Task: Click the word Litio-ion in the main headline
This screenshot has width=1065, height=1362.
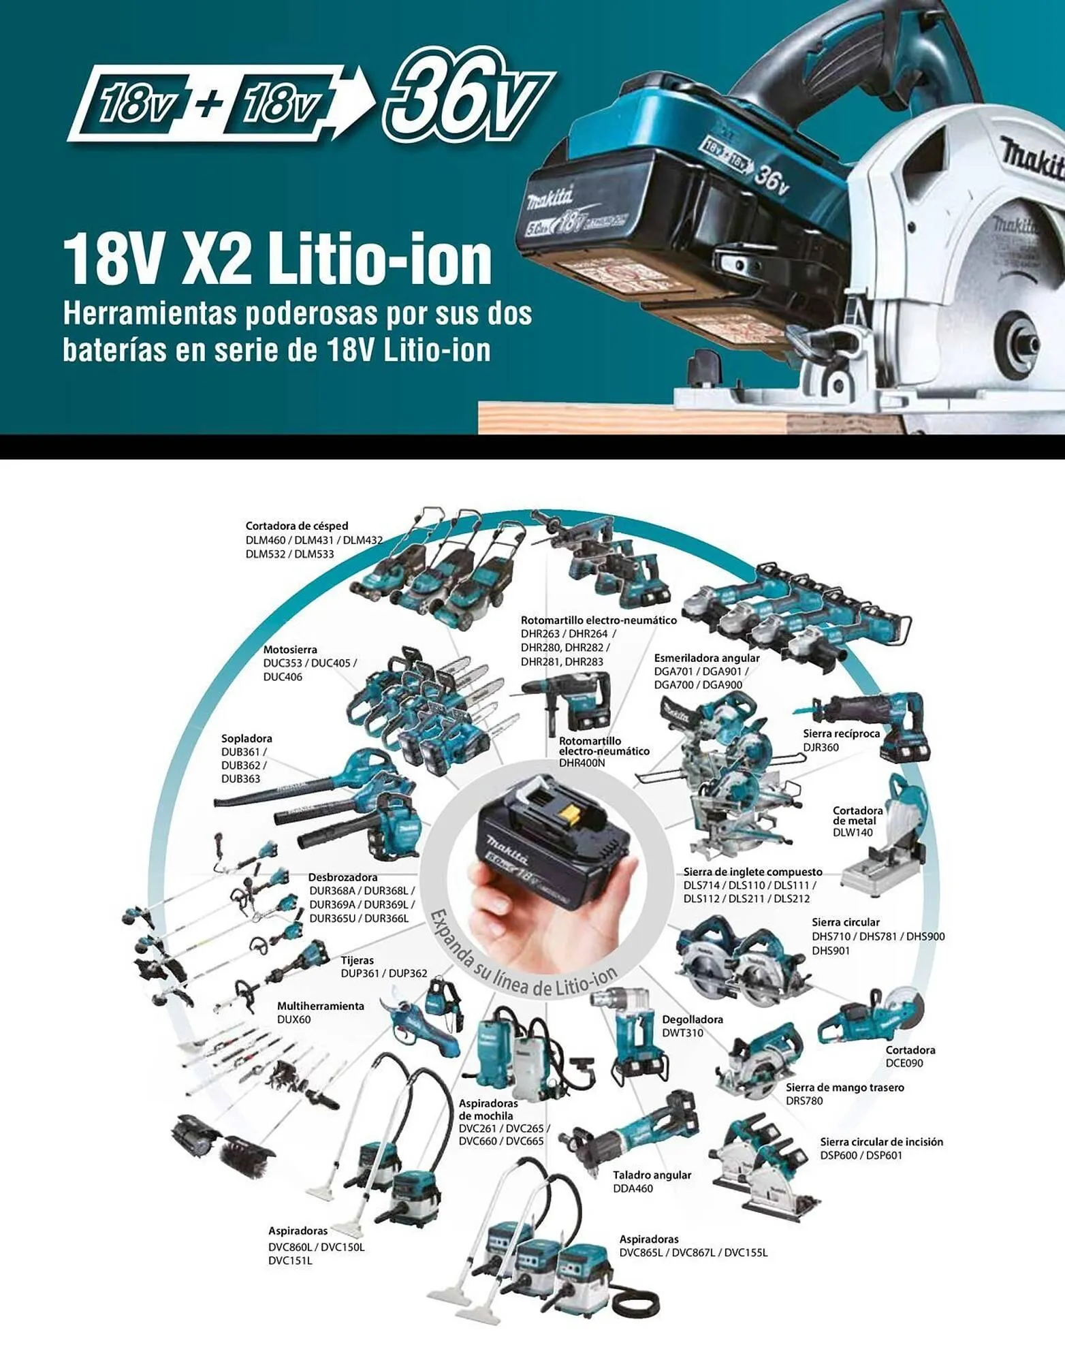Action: [379, 261]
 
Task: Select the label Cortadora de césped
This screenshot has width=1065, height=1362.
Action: [296, 526]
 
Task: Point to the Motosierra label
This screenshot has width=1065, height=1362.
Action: [290, 650]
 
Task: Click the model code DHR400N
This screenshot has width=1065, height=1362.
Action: [582, 763]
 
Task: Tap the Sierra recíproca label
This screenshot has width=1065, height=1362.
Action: [841, 733]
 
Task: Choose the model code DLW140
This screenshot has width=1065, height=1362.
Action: [852, 832]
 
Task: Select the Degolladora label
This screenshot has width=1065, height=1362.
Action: [693, 1019]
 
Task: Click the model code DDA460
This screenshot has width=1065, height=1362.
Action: [633, 1188]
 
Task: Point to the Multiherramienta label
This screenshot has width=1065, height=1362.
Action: [320, 1006]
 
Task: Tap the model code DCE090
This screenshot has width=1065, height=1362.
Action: [904, 1063]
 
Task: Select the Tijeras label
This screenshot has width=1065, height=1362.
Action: [357, 960]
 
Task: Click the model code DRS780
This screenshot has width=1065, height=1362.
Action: [804, 1100]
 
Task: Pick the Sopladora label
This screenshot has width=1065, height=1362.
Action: [247, 738]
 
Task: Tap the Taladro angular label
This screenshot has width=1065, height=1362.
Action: [652, 1175]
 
